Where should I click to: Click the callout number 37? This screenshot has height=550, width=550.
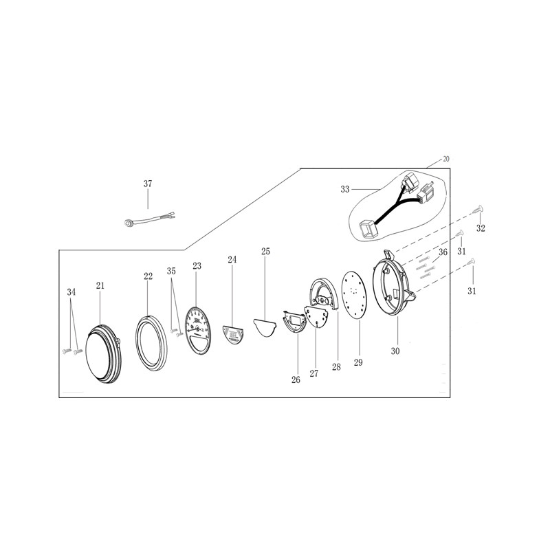click(148, 184)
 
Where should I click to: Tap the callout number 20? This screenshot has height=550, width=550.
click(445, 159)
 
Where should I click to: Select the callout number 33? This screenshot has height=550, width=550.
click(345, 190)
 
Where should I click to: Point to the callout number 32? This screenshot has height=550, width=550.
click(481, 228)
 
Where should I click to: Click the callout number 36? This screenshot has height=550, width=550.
click(443, 252)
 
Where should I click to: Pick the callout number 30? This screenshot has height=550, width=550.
click(395, 351)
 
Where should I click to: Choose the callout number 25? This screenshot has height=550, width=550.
click(266, 251)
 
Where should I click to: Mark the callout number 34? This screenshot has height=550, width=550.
click(71, 292)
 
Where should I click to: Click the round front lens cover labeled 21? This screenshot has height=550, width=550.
click(104, 353)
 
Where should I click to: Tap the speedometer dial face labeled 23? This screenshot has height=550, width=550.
click(198, 331)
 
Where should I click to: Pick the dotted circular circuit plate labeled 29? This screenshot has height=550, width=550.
click(354, 295)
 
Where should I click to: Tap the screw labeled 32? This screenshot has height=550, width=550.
click(478, 210)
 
